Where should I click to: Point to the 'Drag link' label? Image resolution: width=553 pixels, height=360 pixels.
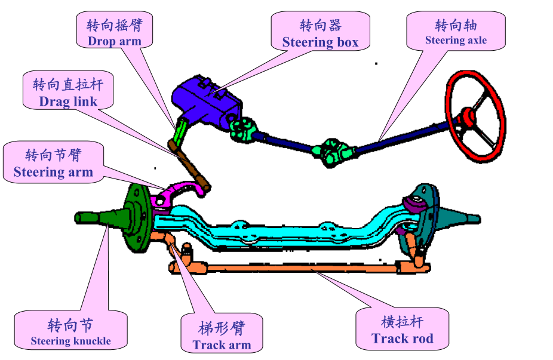pyautogui.click(x=68, y=93)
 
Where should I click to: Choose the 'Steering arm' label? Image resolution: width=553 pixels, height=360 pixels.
pyautogui.click(x=53, y=164)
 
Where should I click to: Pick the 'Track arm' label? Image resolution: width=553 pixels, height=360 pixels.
pyautogui.click(x=222, y=336)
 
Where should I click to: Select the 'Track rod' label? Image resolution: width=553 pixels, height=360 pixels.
pyautogui.click(x=402, y=330)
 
